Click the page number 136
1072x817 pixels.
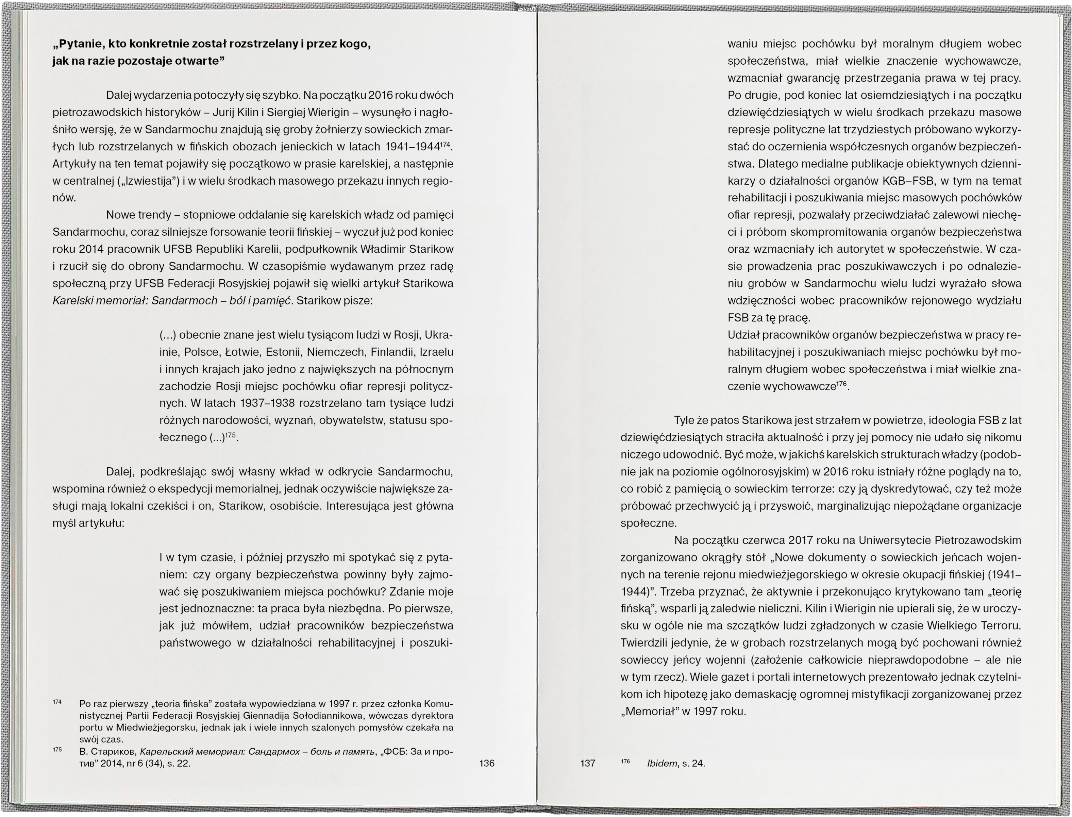487,763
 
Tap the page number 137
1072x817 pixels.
588,763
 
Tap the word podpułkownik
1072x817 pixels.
320,249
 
